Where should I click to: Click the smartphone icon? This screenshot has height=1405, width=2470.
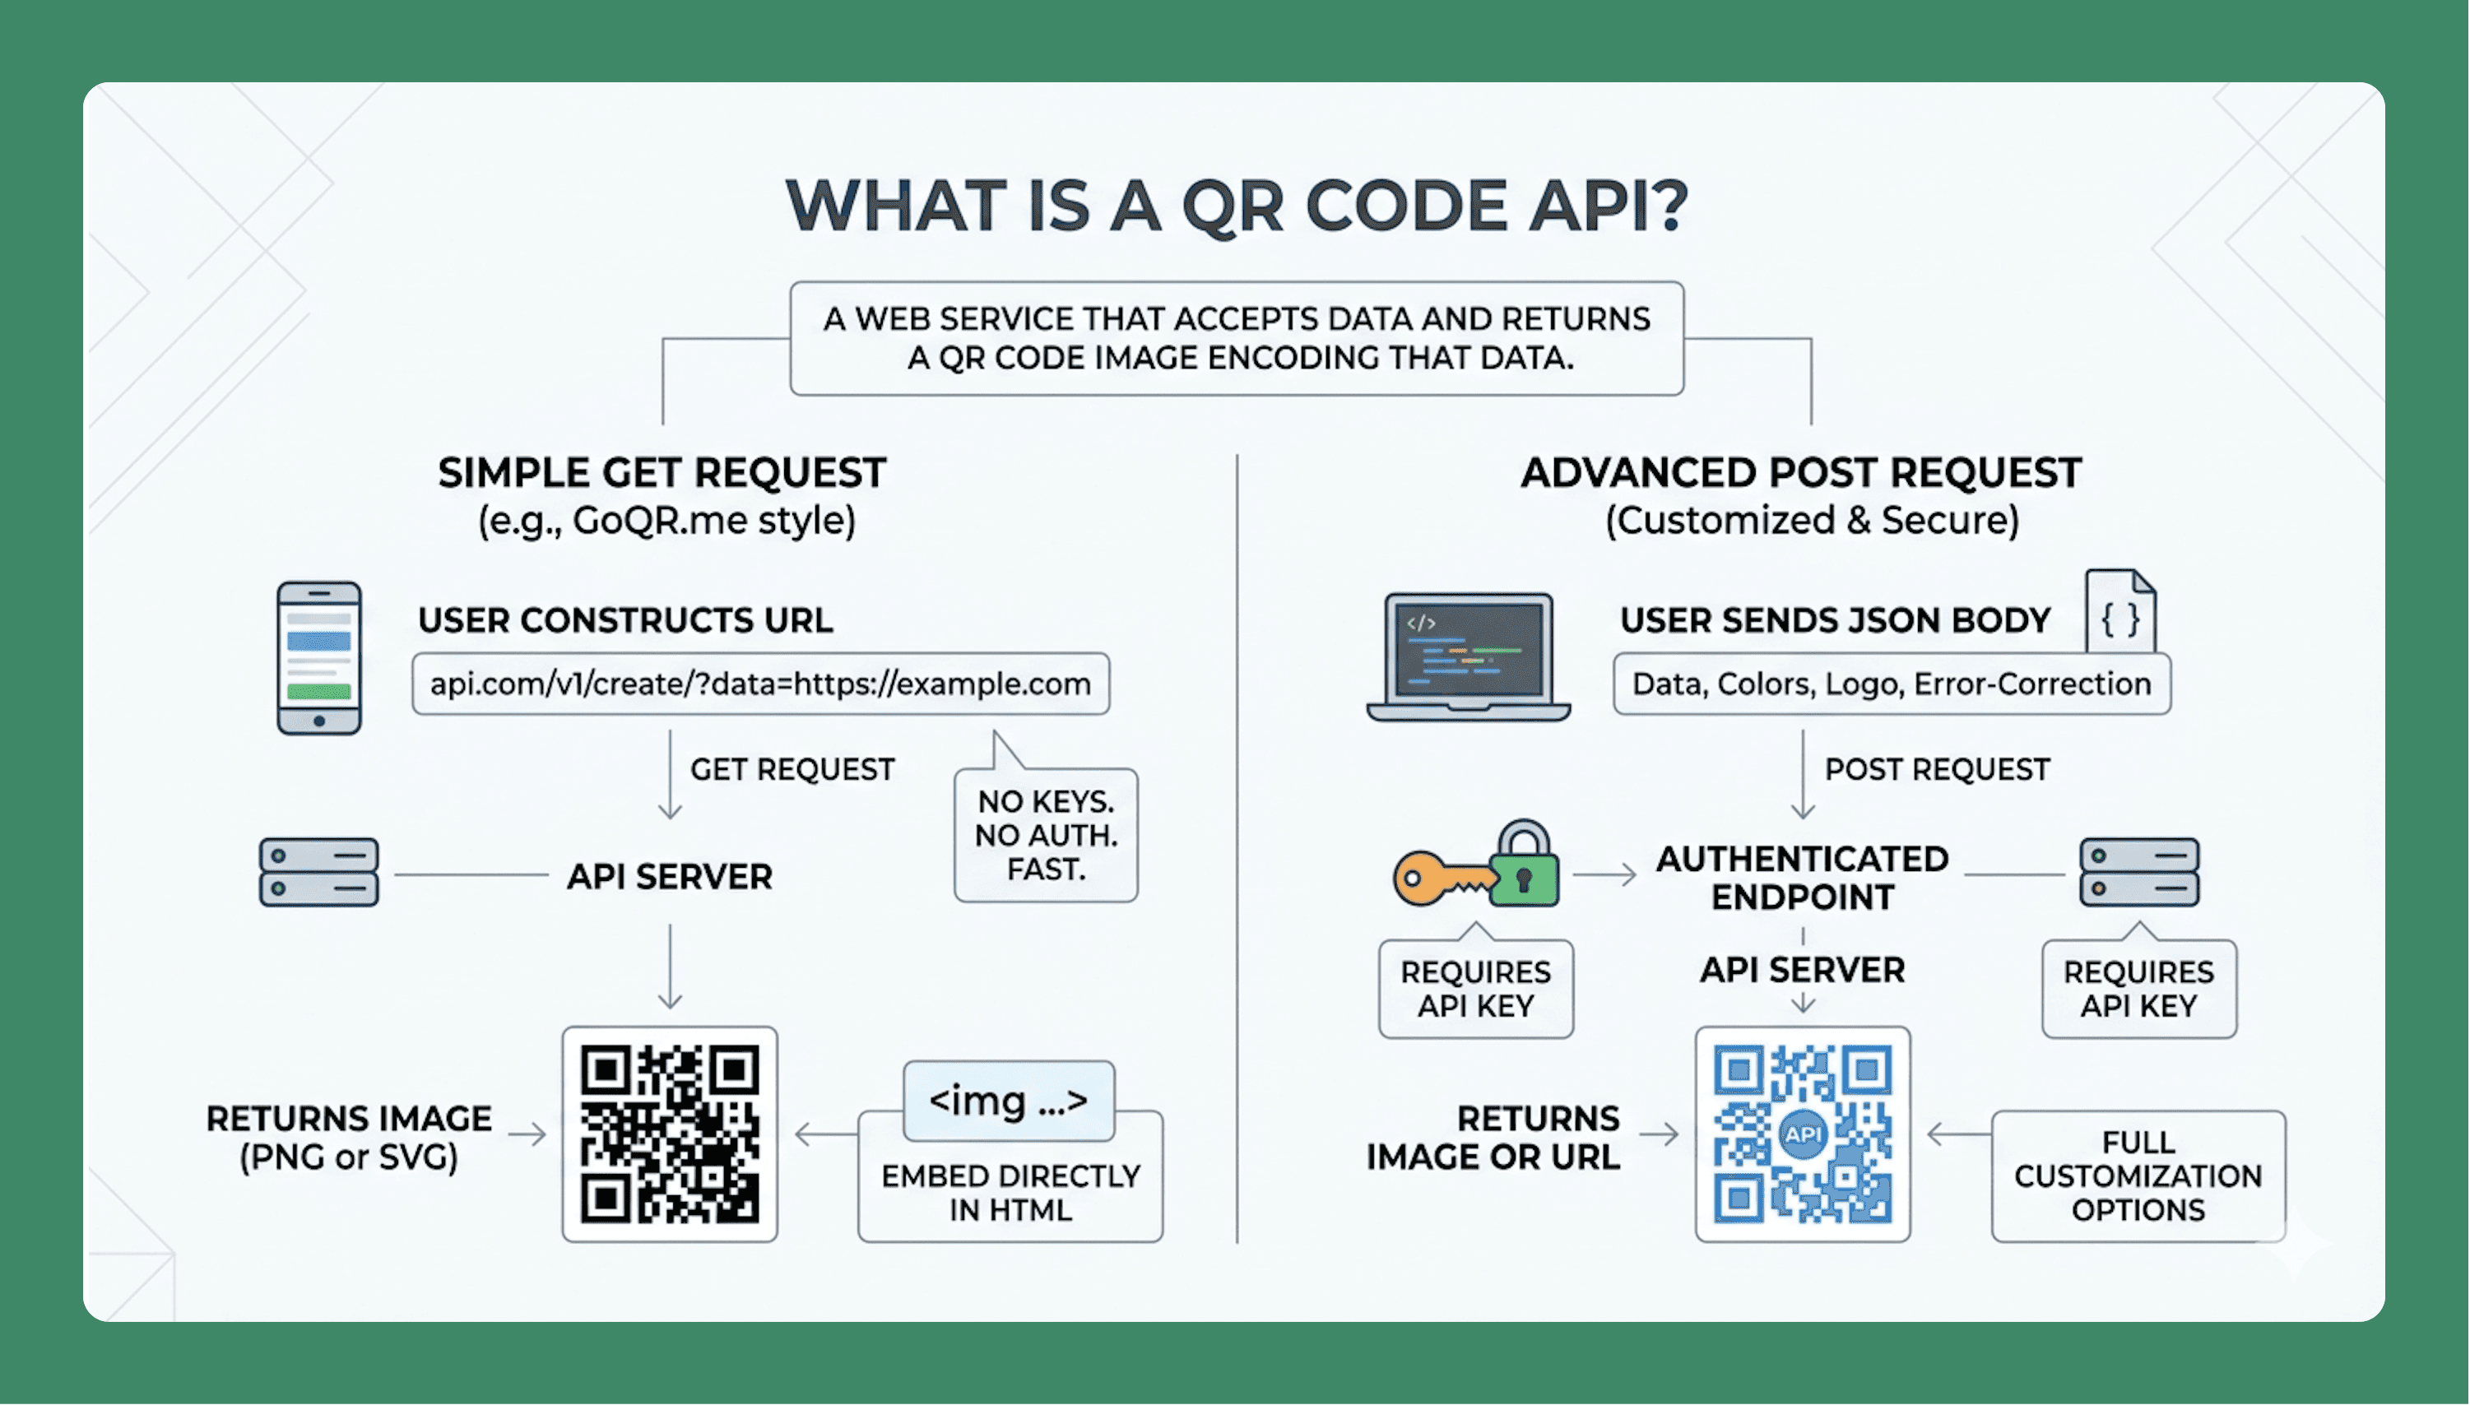point(318,658)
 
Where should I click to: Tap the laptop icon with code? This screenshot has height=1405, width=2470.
point(1468,657)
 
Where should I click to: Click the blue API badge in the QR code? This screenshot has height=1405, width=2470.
point(1802,1134)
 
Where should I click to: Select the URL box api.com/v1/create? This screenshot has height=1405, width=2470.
point(760,684)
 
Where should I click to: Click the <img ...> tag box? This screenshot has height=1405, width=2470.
point(1009,1100)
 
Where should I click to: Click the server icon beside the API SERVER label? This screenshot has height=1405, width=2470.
point(318,872)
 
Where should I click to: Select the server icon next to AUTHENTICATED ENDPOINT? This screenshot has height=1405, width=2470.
point(2139,872)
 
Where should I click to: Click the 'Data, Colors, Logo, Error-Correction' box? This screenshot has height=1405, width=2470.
point(1892,684)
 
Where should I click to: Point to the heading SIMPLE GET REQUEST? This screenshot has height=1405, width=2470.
point(662,473)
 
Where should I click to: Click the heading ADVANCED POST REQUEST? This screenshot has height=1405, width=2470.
point(1801,473)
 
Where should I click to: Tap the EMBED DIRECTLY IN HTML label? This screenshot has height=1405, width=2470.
point(1010,1193)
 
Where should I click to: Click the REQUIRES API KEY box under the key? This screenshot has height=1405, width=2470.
point(1476,989)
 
